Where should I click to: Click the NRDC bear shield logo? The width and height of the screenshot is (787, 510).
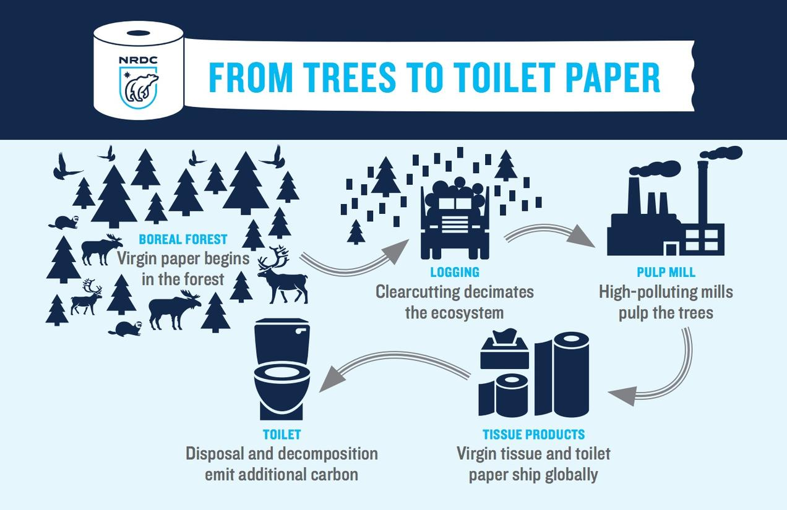pyautogui.click(x=139, y=88)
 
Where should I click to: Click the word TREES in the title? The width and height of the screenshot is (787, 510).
pyautogui.click(x=350, y=77)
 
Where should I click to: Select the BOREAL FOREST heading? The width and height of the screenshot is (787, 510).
pyautogui.click(x=183, y=239)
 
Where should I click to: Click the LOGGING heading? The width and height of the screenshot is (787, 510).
pyautogui.click(x=455, y=272)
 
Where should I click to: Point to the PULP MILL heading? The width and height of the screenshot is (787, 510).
pyautogui.click(x=666, y=272)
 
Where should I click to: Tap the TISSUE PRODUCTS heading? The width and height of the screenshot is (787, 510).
pyautogui.click(x=533, y=435)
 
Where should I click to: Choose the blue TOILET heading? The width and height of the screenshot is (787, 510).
pyautogui.click(x=282, y=435)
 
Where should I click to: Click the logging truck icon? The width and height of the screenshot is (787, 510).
pyautogui.click(x=455, y=218)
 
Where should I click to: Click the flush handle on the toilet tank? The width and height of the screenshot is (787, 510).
pyautogui.click(x=301, y=331)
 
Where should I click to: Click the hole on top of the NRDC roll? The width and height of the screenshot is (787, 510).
pyautogui.click(x=139, y=33)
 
